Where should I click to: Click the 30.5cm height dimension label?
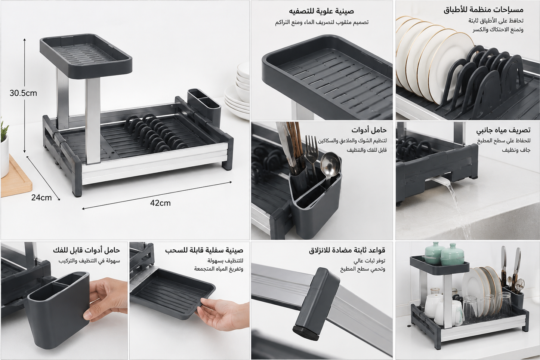click(24, 93)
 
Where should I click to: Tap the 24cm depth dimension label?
click(41, 198)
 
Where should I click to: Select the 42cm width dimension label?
click(160, 203)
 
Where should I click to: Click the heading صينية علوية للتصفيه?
click(322, 11)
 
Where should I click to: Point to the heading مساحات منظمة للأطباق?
click(483, 10)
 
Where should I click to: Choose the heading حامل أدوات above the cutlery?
click(369, 130)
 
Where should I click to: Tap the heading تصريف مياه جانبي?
click(503, 130)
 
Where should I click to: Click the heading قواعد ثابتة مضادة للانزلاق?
click(347, 250)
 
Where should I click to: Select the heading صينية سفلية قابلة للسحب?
click(204, 250)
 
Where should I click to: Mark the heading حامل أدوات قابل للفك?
click(87, 250)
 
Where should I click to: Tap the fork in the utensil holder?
click(311, 154)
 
